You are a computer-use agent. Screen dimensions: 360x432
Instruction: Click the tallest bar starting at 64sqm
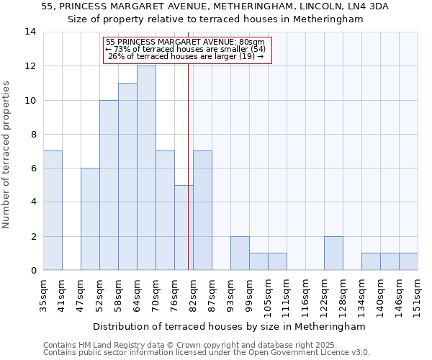click(146, 168)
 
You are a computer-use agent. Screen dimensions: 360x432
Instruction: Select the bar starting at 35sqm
click(53, 210)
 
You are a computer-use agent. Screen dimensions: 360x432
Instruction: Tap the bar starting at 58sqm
click(127, 176)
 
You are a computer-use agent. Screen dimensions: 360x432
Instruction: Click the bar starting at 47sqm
click(90, 219)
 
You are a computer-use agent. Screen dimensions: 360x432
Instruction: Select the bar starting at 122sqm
click(333, 253)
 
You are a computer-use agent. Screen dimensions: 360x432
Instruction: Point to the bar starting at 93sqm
click(240, 253)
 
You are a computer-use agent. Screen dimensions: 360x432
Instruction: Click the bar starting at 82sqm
click(202, 210)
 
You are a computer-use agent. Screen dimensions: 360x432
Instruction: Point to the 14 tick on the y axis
click(30, 32)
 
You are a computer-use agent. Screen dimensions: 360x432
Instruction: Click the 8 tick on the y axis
click(33, 134)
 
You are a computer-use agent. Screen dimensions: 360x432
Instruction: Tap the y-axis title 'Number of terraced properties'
click(7, 155)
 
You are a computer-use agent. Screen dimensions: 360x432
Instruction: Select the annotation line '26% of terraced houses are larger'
click(186, 57)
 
